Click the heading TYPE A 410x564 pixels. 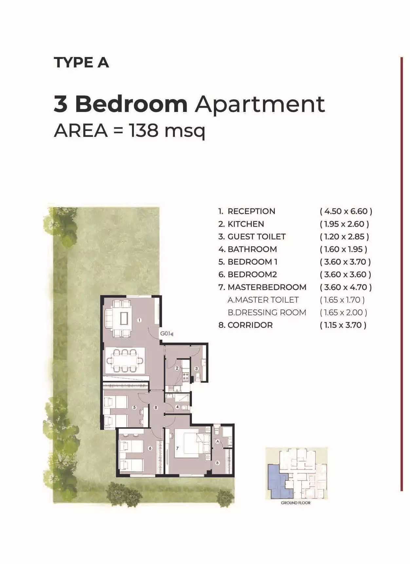point(81,63)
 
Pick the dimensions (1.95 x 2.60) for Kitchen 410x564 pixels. point(345,224)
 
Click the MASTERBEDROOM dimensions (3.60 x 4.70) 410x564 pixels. point(346,287)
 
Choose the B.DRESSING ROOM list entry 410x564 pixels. point(267,312)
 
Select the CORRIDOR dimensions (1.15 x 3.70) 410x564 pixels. point(343,325)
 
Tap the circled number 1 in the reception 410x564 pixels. point(139,320)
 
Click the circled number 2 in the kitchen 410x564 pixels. point(177,368)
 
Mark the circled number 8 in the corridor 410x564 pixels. point(156,407)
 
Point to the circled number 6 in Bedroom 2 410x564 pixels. point(150,448)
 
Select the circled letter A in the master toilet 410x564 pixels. point(217,442)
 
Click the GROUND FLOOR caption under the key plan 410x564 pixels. point(296,503)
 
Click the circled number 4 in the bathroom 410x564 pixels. point(177,407)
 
